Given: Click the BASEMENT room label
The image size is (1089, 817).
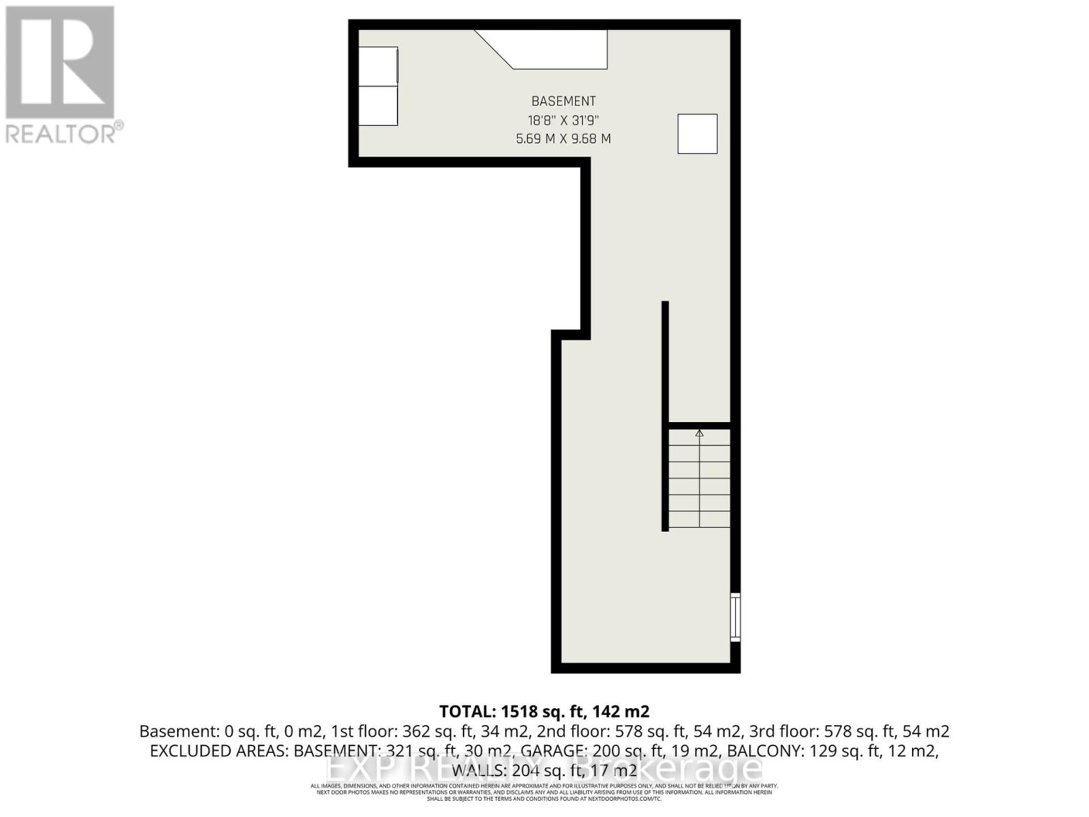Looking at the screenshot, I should pyautogui.click(x=564, y=101).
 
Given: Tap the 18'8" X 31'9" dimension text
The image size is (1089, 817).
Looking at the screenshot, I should pyautogui.click(x=564, y=121).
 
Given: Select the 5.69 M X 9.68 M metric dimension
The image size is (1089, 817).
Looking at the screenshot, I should pyautogui.click(x=564, y=139).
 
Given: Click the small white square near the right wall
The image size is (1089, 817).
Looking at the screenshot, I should pyautogui.click(x=697, y=133).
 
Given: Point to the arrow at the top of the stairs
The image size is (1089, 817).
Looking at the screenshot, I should pyautogui.click(x=699, y=433).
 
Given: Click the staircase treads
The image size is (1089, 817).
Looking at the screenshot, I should pyautogui.click(x=699, y=480).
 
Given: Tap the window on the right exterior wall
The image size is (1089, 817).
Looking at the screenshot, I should pyautogui.click(x=735, y=617).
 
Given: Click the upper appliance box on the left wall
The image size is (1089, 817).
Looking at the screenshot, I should pyautogui.click(x=378, y=66).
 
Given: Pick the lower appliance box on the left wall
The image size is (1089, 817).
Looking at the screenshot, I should pyautogui.click(x=378, y=106).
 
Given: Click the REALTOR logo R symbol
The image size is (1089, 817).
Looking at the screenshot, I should pyautogui.click(x=60, y=63).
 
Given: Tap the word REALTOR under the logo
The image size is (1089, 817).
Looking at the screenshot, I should pyautogui.click(x=61, y=133).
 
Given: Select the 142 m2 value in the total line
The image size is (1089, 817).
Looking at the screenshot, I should pyautogui.click(x=620, y=711).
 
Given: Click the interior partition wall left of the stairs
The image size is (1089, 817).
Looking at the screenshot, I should pyautogui.click(x=665, y=415).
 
